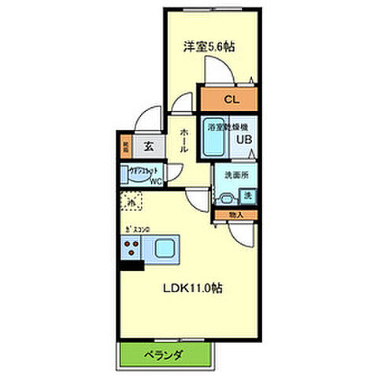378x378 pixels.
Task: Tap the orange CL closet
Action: point(230,100)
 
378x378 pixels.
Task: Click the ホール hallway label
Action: point(183,140)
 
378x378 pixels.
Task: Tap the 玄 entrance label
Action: point(148,145)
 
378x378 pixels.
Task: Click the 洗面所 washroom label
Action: point(235,175)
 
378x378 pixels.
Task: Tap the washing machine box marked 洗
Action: point(246,195)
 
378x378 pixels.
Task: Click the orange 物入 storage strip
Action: point(235,213)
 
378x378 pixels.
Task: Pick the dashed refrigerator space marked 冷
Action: point(132,202)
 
